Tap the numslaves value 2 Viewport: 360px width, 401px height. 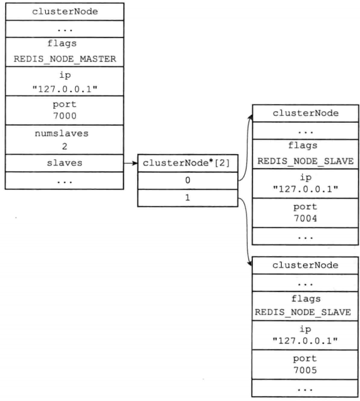[63, 147]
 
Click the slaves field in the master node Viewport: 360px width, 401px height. [63, 162]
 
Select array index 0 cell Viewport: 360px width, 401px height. [187, 180]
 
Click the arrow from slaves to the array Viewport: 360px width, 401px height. [130, 163]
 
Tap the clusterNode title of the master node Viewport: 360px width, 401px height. [63, 11]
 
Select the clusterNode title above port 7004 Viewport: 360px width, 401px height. [305, 113]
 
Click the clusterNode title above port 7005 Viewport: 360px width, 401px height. [305, 264]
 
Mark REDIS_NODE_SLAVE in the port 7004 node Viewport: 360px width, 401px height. [305, 161]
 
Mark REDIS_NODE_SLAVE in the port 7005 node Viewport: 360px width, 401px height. [305, 312]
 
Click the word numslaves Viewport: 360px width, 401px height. [63, 134]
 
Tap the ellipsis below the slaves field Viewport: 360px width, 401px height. [63, 180]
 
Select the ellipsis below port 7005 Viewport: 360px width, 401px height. [305, 389]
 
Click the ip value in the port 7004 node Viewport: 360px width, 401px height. [305, 191]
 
